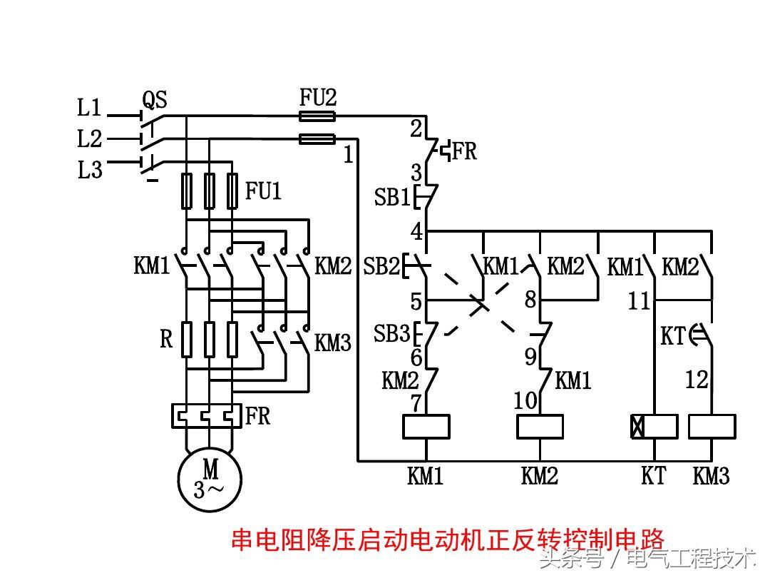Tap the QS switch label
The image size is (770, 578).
tap(155, 99)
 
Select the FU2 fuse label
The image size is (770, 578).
tap(318, 97)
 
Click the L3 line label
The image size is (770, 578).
tap(90, 171)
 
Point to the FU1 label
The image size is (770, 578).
tap(264, 191)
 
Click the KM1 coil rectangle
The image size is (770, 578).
tap(426, 427)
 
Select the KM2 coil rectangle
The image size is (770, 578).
tap(540, 427)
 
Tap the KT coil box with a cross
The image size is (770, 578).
tap(654, 427)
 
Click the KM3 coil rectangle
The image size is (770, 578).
tap(712, 427)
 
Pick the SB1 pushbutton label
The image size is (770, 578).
tap(391, 198)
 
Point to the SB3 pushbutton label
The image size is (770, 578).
tap(391, 333)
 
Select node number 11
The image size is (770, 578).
tap(639, 301)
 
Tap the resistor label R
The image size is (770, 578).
tap(166, 339)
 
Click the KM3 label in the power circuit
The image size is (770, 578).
tap(334, 343)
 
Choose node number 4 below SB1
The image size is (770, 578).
tap(416, 232)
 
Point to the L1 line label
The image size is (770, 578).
tap(90, 108)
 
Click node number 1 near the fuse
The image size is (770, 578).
tap(348, 154)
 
